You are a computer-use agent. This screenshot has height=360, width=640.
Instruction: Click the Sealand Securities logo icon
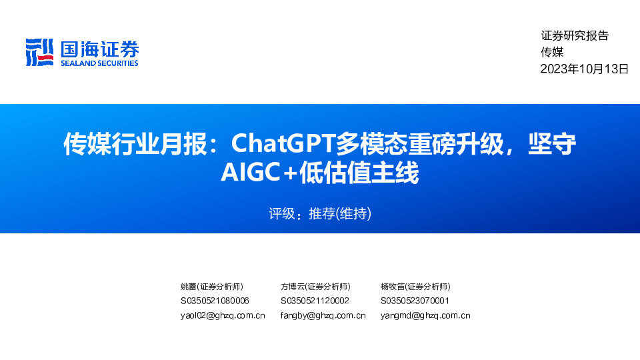tap(39, 53)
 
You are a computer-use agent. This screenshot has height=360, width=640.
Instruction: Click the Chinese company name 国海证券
tap(99, 49)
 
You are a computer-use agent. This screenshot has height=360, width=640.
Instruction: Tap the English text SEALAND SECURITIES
tap(99, 63)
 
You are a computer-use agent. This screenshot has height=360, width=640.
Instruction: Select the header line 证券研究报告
tap(575, 36)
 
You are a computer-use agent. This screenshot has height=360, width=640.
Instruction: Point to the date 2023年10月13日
tap(585, 69)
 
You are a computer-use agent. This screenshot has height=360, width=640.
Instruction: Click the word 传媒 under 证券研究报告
tap(552, 52)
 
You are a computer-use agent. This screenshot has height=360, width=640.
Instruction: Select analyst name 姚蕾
tap(189, 286)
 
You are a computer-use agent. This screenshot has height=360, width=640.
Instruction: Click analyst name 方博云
tap(293, 286)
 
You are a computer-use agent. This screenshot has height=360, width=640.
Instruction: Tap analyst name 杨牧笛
tap(393, 286)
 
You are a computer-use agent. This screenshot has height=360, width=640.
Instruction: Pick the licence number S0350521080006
tap(215, 301)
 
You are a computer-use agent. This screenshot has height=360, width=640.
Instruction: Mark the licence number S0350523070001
tap(415, 301)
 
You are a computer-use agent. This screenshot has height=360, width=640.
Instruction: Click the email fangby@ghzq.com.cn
tap(323, 315)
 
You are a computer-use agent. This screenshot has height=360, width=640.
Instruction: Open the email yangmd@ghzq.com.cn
tap(425, 315)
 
